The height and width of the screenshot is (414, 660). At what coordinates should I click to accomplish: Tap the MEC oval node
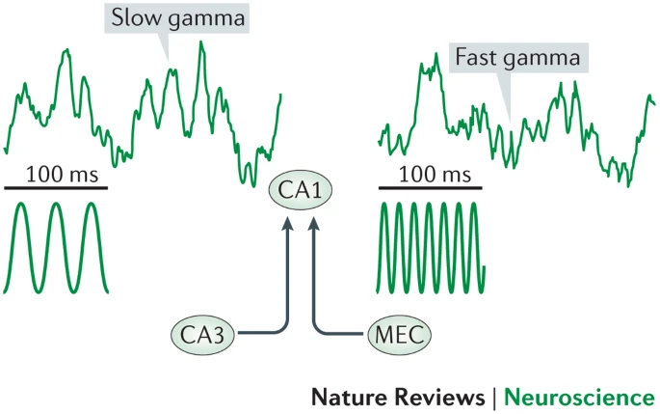click(397, 334)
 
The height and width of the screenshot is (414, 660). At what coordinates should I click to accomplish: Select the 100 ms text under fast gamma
click(425, 175)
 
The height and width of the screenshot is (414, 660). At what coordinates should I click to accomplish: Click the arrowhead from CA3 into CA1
click(286, 227)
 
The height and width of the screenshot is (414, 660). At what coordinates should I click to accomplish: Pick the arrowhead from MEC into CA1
click(313, 227)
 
